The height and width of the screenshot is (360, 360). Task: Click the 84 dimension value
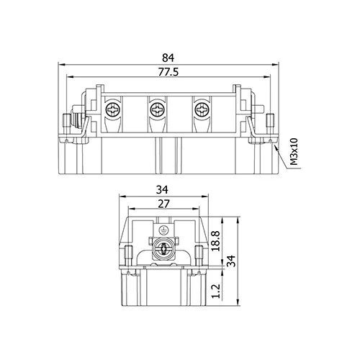[168, 58]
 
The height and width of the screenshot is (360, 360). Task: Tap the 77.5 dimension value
[168, 72]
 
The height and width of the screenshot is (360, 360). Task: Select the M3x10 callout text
[294, 152]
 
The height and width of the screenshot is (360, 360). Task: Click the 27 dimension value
[163, 204]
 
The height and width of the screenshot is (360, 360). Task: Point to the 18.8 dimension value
[216, 241]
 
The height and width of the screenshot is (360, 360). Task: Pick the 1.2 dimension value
[216, 291]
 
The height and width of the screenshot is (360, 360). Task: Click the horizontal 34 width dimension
[162, 190]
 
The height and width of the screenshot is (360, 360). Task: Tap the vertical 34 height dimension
[231, 261]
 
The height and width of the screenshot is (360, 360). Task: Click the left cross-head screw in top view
[113, 110]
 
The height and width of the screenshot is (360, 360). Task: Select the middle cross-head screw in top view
[157, 110]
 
